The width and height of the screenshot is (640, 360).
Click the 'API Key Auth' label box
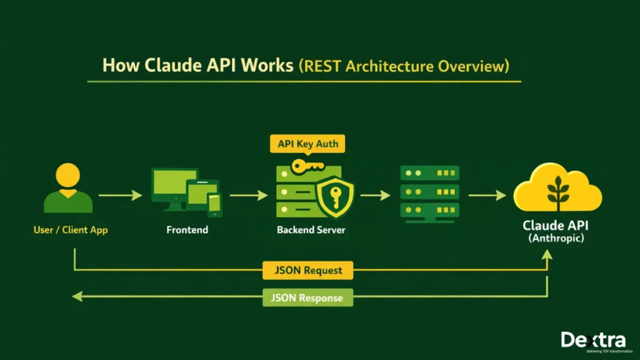tap(308, 144)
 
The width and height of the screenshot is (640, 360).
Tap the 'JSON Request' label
tap(308, 271)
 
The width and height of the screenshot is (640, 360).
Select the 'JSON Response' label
tap(307, 297)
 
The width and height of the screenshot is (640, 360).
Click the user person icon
tap(69, 189)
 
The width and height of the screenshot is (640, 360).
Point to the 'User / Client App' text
tap(70, 230)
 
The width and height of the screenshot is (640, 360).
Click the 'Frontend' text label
tap(187, 230)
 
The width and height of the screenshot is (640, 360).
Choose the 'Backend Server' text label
tap(311, 230)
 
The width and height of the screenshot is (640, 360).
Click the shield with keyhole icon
tap(334, 196)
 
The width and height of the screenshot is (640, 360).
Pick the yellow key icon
tap(307, 167)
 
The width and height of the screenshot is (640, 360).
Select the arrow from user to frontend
tap(120, 196)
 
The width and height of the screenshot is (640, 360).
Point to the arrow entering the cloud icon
tap(487, 196)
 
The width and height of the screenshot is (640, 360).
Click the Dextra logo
tap(592, 341)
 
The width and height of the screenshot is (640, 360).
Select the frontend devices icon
tap(186, 191)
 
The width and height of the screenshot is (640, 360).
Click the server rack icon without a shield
tap(429, 192)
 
